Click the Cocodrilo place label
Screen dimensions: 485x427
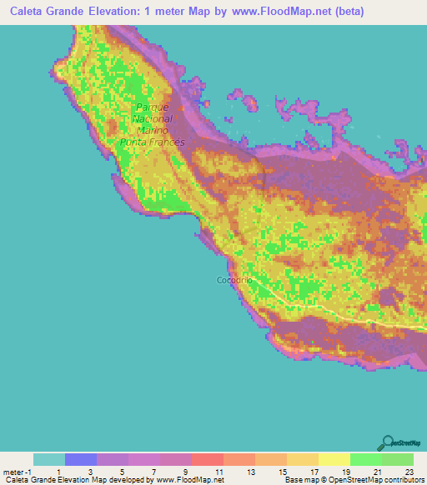pyautogui.click(x=234, y=280)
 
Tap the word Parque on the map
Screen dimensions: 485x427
pyautogui.click(x=152, y=108)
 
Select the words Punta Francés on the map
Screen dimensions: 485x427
pyautogui.click(x=152, y=142)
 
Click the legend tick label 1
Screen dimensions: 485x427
pyautogui.click(x=59, y=472)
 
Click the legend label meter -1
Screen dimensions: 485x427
pyautogui.click(x=18, y=472)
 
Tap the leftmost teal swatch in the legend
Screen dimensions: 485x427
pyautogui.click(x=49, y=459)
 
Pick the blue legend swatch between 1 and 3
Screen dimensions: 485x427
pyautogui.click(x=81, y=459)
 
